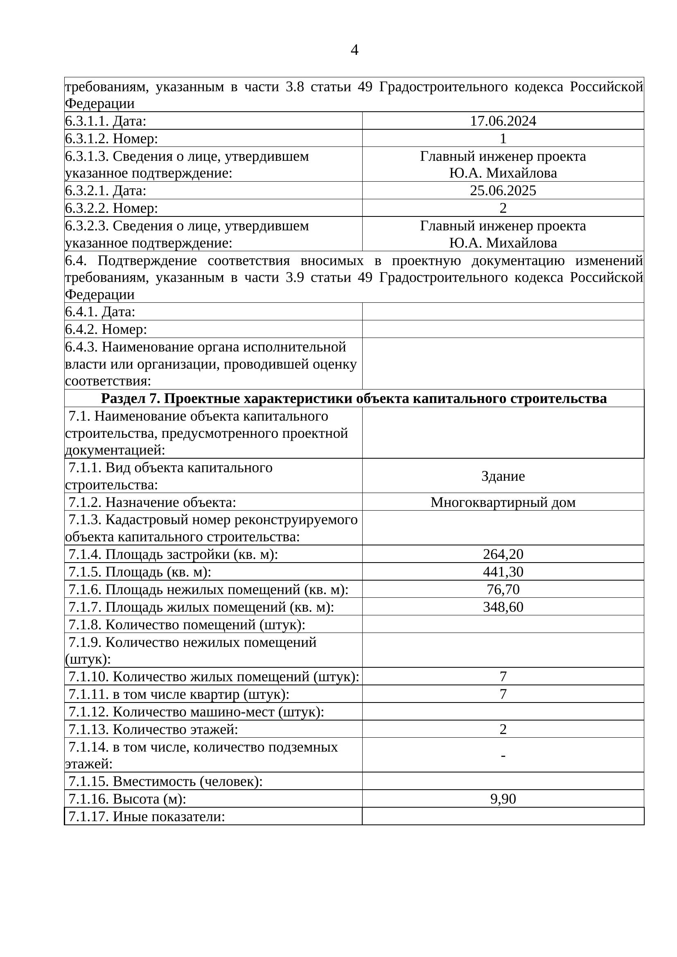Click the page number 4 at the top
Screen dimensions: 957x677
click(x=354, y=50)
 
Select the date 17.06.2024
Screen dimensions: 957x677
click(x=503, y=121)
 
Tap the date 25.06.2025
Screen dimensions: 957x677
click(x=503, y=191)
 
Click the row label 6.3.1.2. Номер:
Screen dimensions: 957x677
click(x=112, y=138)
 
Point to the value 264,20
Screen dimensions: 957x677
click(x=503, y=554)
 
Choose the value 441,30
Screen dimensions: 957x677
click(x=503, y=572)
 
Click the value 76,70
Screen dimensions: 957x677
click(x=503, y=589)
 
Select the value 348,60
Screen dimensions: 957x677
click(x=503, y=606)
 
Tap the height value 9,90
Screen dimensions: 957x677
click(x=503, y=799)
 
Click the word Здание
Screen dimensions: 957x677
click(x=503, y=476)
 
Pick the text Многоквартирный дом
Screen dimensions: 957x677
click(x=503, y=502)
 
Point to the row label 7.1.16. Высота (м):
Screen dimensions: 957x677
click(x=127, y=799)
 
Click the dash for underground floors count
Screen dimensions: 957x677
click(x=503, y=755)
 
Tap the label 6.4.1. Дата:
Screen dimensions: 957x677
click(x=100, y=311)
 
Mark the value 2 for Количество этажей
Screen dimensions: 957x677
click(x=503, y=729)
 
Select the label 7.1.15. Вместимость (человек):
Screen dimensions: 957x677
click(x=165, y=781)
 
